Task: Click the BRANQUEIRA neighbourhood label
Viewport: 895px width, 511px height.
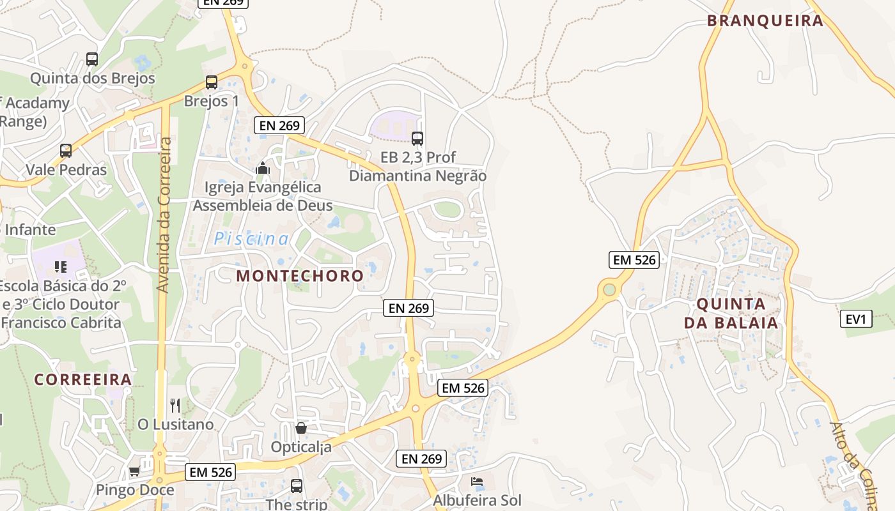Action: point(765,20)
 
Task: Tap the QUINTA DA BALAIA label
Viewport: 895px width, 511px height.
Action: point(731,313)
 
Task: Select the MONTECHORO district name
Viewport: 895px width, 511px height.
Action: point(300,276)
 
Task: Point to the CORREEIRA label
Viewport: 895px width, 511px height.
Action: point(83,379)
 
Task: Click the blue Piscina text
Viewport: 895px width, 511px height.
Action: point(251,239)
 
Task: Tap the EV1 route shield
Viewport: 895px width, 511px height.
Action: point(856,318)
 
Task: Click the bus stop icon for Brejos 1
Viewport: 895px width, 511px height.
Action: point(212,82)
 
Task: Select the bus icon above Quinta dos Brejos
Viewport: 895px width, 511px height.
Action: point(92,59)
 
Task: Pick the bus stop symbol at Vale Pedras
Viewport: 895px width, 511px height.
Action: point(66,151)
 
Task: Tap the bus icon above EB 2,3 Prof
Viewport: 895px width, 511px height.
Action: point(417,138)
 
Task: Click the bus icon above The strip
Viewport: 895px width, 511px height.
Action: point(297,485)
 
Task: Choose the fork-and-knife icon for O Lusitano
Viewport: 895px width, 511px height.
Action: point(175,405)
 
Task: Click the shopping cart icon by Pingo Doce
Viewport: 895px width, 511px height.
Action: point(134,471)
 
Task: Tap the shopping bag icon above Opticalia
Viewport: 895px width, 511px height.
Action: point(300,427)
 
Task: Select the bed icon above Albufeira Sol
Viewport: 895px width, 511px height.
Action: point(477,482)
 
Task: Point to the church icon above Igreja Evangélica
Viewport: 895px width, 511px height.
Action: point(262,168)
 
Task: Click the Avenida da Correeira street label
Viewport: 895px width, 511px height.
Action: point(163,215)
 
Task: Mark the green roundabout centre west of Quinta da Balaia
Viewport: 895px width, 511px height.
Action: point(609,290)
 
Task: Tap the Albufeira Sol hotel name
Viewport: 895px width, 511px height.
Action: point(477,500)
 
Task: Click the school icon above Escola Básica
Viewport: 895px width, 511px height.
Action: point(61,266)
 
